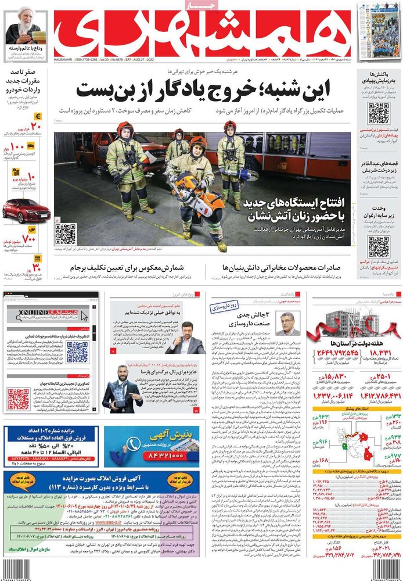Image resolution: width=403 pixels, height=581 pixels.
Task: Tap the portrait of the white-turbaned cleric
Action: (23, 26)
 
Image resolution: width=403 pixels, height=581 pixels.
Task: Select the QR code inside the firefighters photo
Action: (66, 234)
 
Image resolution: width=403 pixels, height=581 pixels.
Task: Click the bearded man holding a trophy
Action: (122, 388)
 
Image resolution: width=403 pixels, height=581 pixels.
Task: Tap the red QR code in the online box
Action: (19, 399)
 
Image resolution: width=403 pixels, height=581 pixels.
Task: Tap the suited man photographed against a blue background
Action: (188, 339)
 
